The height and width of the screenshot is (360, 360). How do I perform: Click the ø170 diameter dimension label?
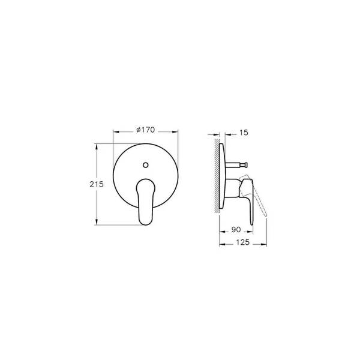pyautogui.click(x=146, y=129)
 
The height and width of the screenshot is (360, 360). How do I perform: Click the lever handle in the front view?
pyautogui.click(x=146, y=201)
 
